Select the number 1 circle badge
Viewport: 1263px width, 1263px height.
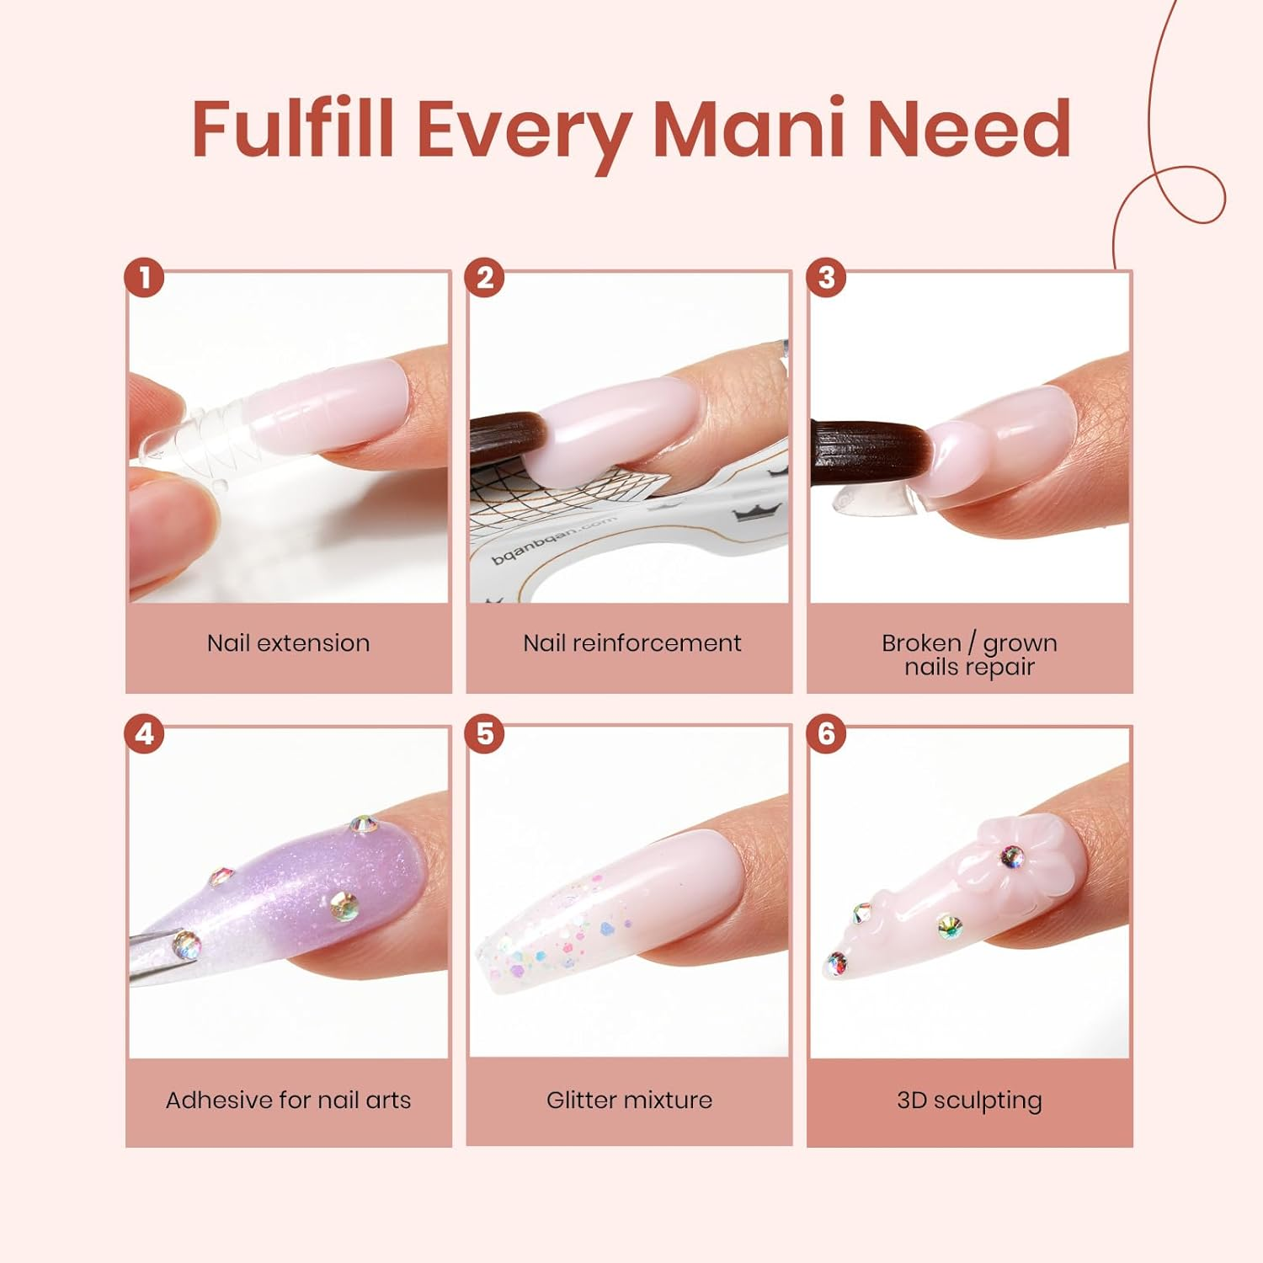(144, 277)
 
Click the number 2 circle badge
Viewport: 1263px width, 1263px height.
(485, 277)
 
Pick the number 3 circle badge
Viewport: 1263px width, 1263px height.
(826, 277)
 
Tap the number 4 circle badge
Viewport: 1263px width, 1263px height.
(144, 733)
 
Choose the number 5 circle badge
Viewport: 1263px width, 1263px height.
(485, 733)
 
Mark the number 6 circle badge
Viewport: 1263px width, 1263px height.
(826, 733)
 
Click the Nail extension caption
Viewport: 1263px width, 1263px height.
(288, 643)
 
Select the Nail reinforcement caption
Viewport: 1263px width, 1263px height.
(631, 643)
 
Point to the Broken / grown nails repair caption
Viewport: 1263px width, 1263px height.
(969, 654)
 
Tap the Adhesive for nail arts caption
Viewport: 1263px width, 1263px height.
(288, 1100)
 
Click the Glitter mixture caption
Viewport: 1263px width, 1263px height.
(629, 1100)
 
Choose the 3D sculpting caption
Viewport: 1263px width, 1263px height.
(969, 1100)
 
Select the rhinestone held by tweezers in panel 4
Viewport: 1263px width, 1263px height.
(184, 944)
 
